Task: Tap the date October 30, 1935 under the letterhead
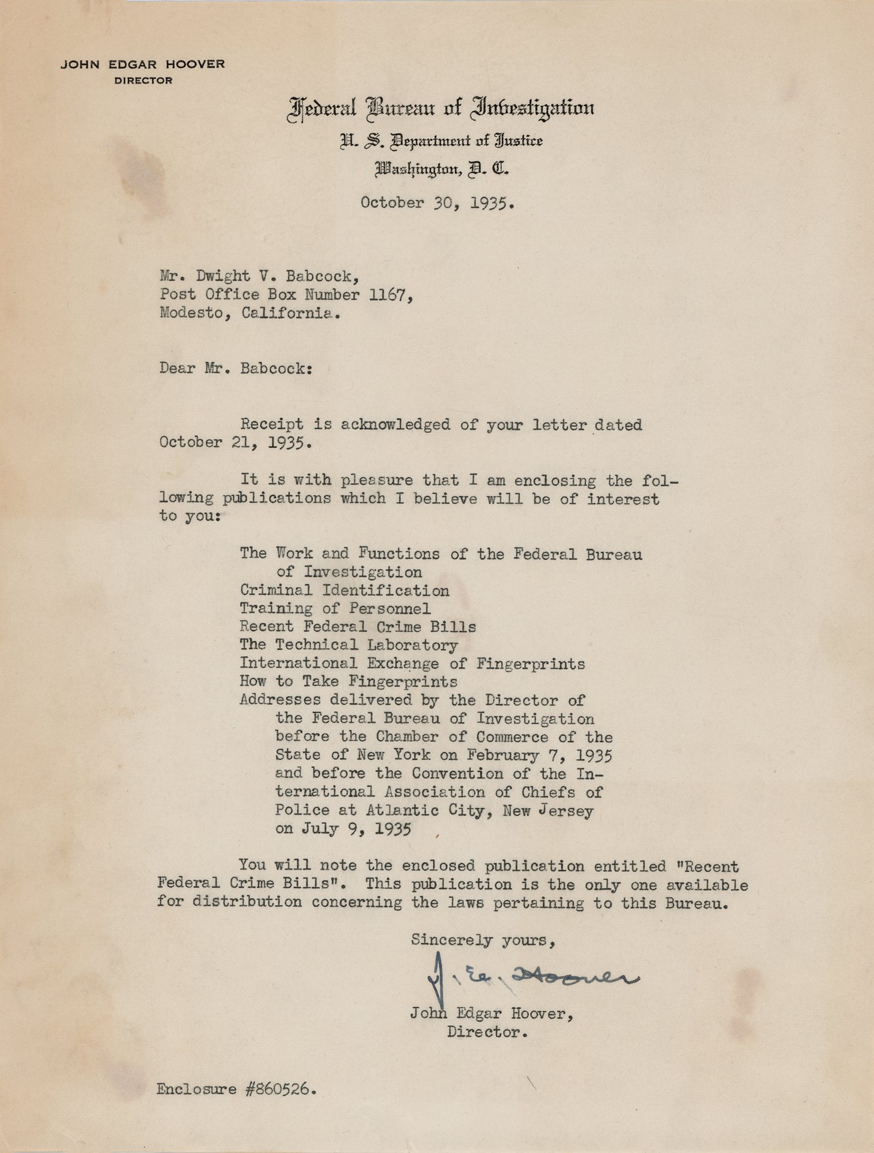click(x=437, y=203)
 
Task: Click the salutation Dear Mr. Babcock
click(x=236, y=368)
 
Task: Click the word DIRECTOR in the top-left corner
click(x=143, y=81)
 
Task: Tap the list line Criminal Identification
click(x=344, y=590)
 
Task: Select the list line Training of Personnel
click(x=335, y=609)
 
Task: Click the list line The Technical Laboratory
click(x=349, y=645)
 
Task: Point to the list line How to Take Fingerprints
click(x=348, y=682)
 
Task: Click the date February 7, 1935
click(x=540, y=755)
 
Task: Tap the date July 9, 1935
click(x=355, y=829)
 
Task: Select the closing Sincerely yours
click(x=483, y=940)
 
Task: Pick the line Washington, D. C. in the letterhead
click(x=442, y=170)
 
